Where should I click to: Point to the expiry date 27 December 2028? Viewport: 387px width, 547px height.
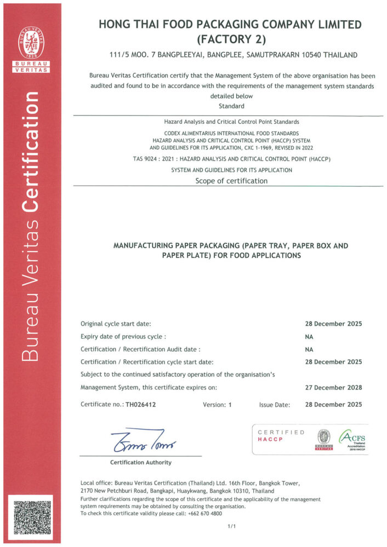(333, 387)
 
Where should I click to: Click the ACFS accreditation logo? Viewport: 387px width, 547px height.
(353, 439)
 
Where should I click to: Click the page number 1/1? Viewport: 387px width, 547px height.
(231, 526)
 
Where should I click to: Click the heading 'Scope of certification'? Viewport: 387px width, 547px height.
(231, 181)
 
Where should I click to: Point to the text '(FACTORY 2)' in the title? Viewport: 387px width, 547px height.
(231, 39)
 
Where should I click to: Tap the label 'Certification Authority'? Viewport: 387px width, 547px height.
(140, 462)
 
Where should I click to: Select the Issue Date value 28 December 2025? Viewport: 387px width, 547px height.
(333, 405)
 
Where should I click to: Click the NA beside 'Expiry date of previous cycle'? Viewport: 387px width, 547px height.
(309, 336)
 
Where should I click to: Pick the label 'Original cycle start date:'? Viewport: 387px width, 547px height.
(116, 324)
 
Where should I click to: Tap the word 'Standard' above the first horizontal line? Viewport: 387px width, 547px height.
(231, 106)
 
